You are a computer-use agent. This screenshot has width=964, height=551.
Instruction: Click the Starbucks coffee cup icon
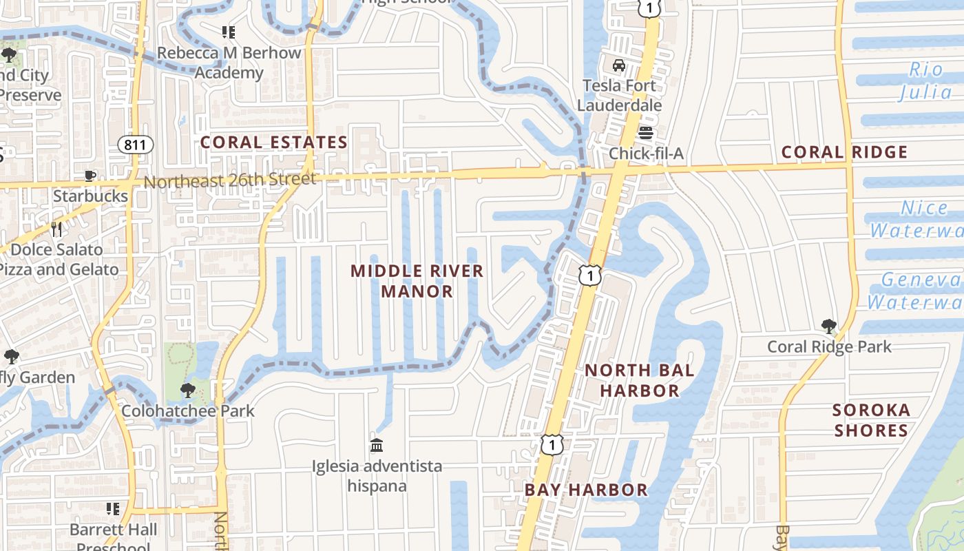[x=90, y=176]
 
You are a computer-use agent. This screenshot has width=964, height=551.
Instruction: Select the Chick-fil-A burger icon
[x=645, y=133]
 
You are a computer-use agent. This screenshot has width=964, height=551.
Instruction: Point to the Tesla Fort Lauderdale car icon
[x=619, y=66]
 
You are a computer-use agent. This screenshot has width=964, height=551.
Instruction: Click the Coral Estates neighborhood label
[x=273, y=143]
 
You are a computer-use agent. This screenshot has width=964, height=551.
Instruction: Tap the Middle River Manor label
[x=417, y=281]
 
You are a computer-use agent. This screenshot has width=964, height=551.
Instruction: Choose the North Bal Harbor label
[x=640, y=380]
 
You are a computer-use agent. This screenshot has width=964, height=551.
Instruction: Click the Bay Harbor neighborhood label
[x=586, y=490]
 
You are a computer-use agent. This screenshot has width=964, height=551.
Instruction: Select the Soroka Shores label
[x=871, y=420]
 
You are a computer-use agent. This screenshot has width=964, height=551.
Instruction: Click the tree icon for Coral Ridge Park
[x=829, y=326]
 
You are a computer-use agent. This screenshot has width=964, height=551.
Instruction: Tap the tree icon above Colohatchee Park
[x=187, y=391]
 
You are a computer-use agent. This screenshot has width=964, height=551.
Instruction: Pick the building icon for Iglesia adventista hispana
[x=377, y=446]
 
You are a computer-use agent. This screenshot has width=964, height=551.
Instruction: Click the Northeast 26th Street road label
[x=230, y=180]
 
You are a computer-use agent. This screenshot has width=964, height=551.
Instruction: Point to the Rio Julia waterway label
[x=927, y=81]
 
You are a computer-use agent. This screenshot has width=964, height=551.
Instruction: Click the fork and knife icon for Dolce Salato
[x=56, y=229]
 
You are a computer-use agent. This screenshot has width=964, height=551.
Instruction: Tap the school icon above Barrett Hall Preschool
[x=113, y=509]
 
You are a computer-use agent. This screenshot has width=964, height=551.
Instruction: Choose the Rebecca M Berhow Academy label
[x=229, y=63]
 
